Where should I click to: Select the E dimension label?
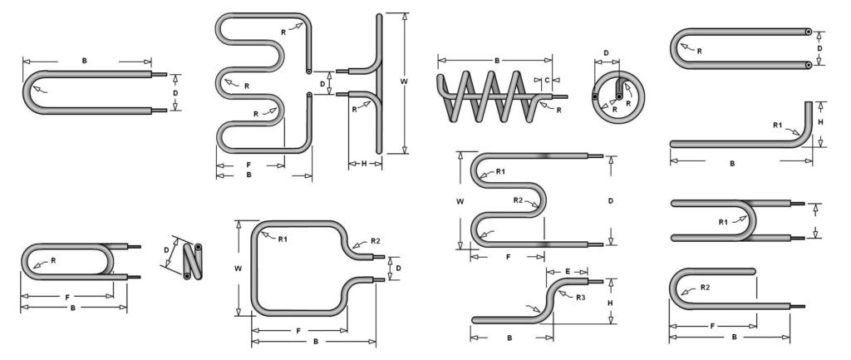pos(566,271)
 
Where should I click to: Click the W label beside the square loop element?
pos(239,268)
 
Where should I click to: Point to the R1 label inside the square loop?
pos(283,239)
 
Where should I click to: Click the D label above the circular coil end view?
pos(606,53)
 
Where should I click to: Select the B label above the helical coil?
pos(497,61)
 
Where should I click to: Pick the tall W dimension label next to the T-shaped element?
pos(405,81)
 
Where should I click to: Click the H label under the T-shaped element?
pos(364,164)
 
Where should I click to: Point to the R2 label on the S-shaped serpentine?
pos(518,200)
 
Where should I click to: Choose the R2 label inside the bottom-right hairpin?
pos(705,287)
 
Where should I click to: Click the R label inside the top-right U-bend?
pos(700,51)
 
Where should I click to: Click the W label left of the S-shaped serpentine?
pos(460,200)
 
